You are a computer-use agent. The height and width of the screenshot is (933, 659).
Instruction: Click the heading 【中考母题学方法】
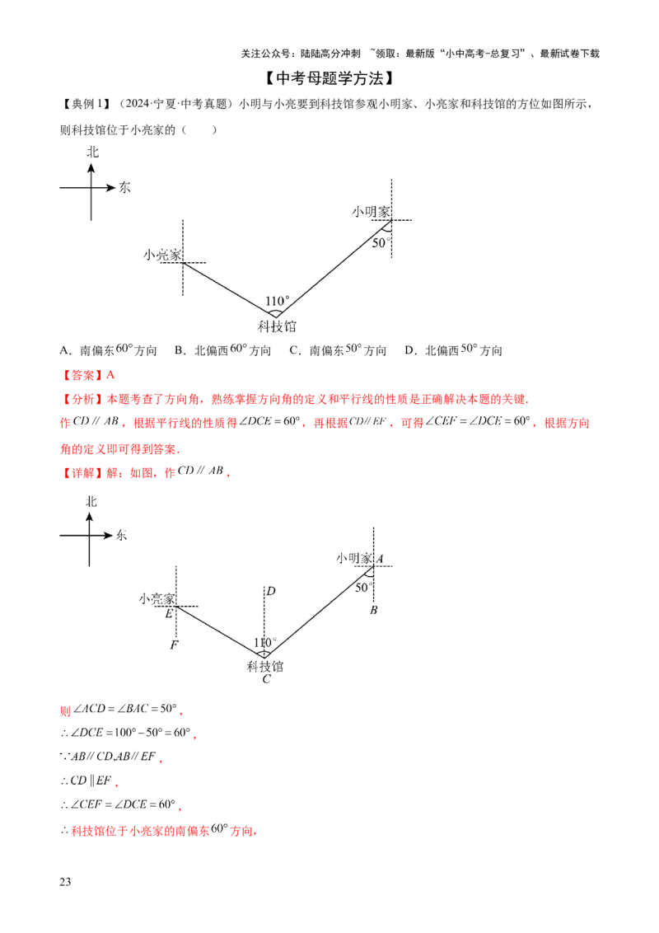(329, 78)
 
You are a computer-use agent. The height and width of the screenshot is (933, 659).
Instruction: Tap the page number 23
(65, 882)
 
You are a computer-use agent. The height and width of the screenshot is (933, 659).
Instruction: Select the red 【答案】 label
(82, 375)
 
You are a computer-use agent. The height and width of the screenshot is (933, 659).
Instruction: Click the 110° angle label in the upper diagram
(277, 301)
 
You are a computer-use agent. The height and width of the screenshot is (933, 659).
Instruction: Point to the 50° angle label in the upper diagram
(381, 243)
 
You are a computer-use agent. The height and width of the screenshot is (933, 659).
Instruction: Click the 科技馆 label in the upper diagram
(277, 326)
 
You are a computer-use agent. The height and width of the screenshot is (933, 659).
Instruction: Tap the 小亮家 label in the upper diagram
(162, 256)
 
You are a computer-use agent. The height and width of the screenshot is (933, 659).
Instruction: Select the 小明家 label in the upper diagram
(372, 212)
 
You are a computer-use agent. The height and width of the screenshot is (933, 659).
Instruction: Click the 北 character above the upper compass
(93, 152)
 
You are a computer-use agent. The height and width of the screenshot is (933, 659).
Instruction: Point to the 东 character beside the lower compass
(121, 535)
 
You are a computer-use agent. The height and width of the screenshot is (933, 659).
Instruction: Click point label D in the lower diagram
(271, 591)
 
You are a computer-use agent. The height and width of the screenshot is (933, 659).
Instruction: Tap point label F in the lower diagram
(174, 645)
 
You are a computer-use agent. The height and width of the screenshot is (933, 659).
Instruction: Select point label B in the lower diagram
(373, 610)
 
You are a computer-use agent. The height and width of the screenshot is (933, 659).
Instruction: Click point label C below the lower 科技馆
(266, 679)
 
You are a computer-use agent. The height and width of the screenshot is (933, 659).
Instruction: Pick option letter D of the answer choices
(409, 350)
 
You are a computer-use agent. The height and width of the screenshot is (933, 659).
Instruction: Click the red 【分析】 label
(82, 399)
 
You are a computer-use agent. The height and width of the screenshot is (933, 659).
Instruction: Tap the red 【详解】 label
(82, 472)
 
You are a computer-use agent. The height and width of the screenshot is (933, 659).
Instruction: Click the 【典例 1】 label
(86, 104)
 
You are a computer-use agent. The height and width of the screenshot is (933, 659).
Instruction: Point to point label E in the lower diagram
(169, 613)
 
